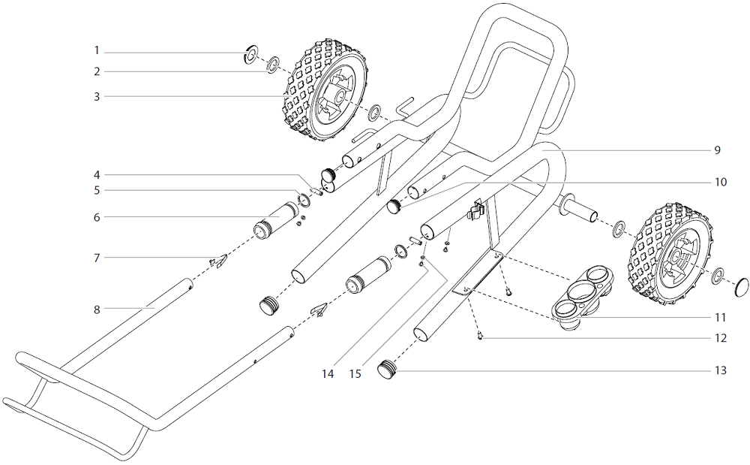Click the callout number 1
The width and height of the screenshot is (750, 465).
tap(97, 51)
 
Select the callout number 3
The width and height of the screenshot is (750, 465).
tap(97, 96)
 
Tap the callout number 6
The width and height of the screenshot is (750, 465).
tap(97, 217)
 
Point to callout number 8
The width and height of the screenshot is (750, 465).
tap(97, 308)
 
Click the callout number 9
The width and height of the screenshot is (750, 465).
tap(717, 150)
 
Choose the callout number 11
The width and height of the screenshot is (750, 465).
tap(721, 317)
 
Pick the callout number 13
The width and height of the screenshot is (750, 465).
tap(721, 370)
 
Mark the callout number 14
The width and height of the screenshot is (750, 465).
tap(327, 373)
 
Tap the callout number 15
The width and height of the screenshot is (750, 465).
tap(355, 373)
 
